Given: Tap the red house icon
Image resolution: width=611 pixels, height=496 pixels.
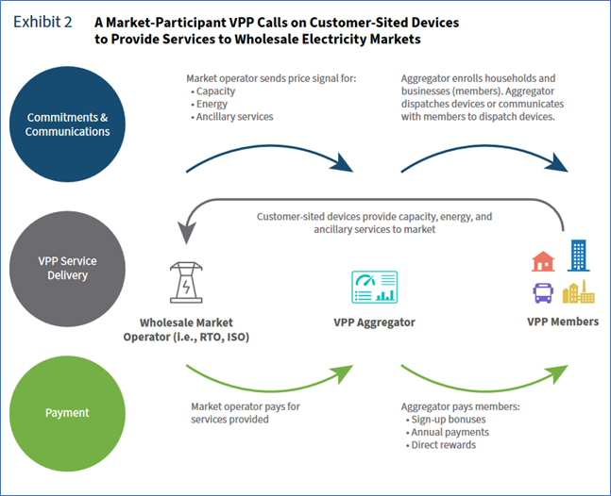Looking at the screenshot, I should click(x=543, y=260).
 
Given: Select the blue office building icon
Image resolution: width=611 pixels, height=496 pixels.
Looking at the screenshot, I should click(x=577, y=255).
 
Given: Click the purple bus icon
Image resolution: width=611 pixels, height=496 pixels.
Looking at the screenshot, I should click(x=543, y=292).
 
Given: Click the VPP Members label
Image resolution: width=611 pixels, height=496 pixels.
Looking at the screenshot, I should click(x=562, y=322).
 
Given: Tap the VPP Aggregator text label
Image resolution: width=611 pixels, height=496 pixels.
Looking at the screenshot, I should click(x=375, y=322).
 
